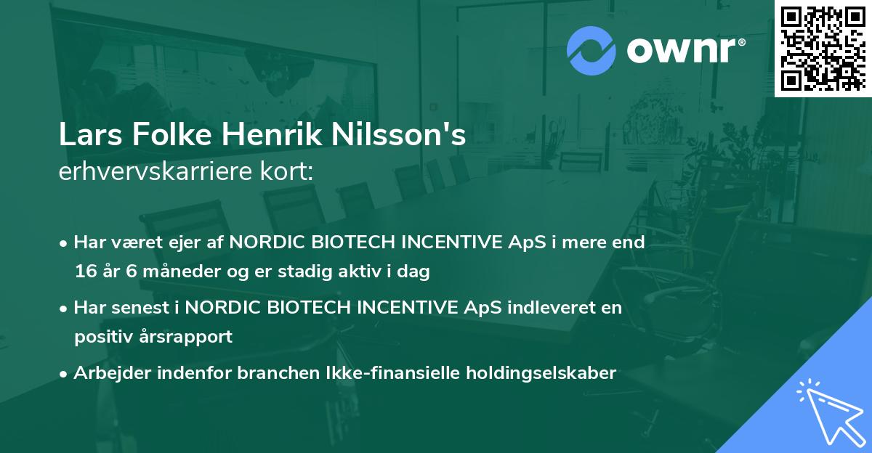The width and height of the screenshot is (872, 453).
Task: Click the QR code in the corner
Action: click(823, 48)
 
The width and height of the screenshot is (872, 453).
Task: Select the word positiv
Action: click(102, 337)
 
